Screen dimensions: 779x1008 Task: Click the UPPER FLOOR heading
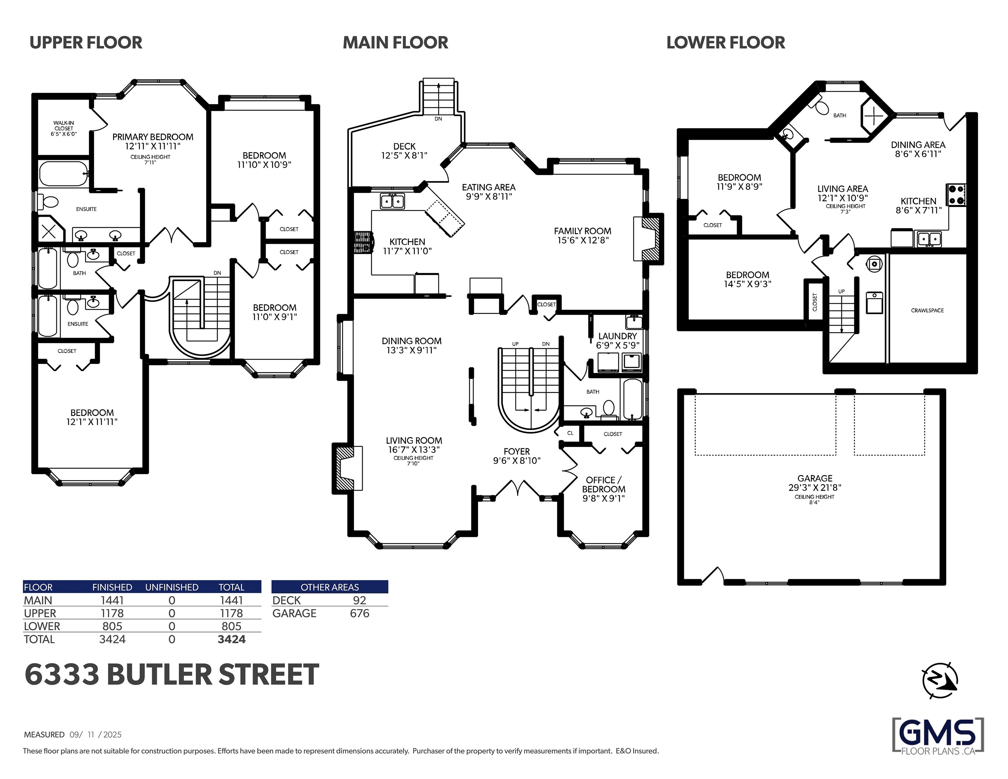[86, 43]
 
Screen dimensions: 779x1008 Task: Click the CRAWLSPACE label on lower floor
[927, 310]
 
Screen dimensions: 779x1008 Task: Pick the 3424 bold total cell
[231, 639]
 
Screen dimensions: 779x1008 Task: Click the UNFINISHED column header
[172, 587]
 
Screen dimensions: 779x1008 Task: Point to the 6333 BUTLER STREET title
[172, 675]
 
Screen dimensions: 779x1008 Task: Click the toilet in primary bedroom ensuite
[48, 202]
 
